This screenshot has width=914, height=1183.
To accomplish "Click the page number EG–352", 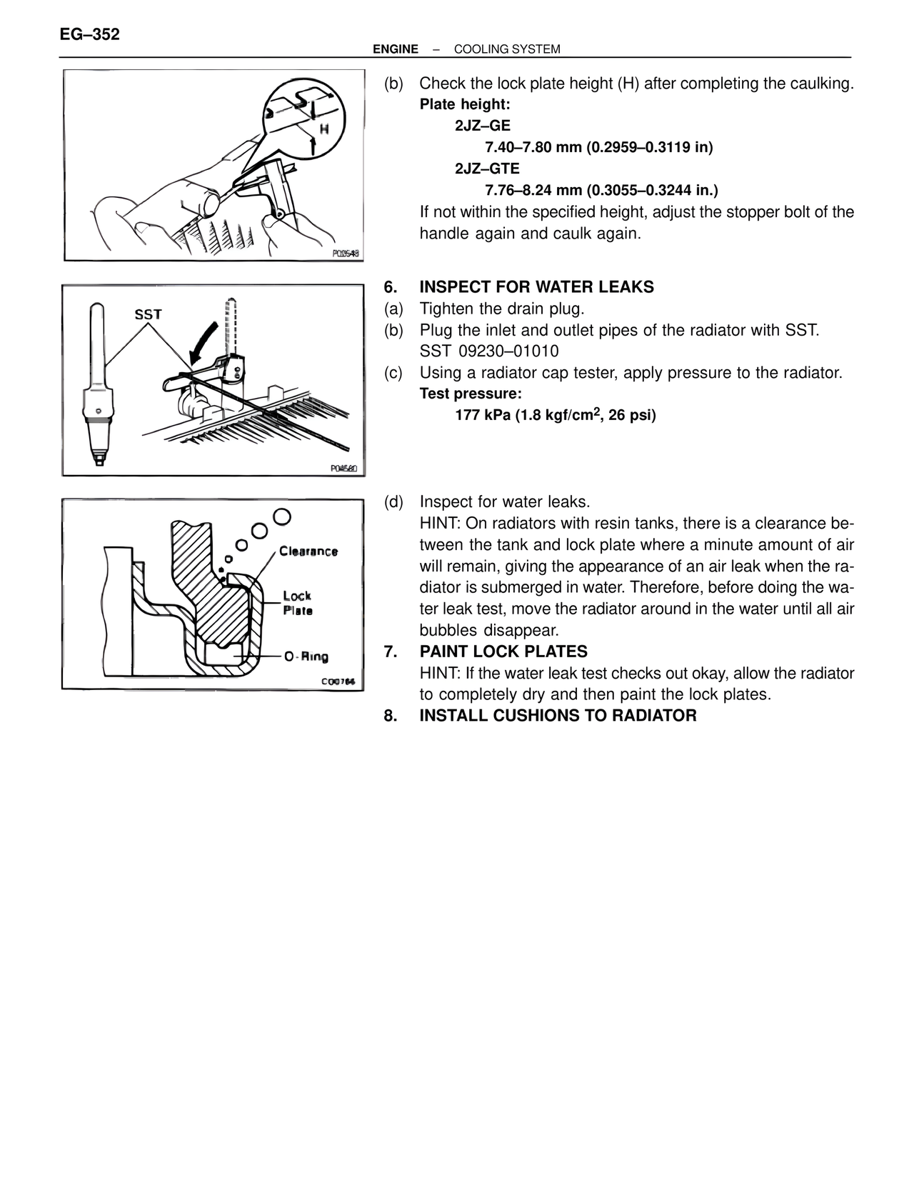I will tap(90, 34).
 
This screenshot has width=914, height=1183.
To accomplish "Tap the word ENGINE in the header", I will tap(396, 49).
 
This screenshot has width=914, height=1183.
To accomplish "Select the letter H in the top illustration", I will tap(324, 129).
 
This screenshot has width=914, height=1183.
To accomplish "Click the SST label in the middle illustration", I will tap(149, 314).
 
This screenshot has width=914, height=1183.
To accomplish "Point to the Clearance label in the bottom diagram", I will tap(308, 551).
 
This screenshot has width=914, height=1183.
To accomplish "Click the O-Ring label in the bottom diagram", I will tap(306, 657).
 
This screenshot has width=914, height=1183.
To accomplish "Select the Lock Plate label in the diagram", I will tap(297, 603).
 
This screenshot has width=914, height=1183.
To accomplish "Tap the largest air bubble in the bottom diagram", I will tap(281, 516).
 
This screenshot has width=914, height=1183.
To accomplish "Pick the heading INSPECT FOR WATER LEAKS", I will tap(536, 287).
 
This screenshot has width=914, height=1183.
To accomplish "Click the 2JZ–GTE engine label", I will tap(487, 169).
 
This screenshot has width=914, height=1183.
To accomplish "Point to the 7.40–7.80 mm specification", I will tap(532, 148).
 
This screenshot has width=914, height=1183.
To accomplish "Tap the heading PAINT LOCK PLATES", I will tap(503, 652).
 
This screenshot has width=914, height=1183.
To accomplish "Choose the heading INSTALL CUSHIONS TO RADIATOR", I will tap(558, 716).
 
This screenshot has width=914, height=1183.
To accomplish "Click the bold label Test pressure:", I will tap(470, 394).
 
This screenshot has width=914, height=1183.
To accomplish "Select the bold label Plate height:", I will tap(464, 105).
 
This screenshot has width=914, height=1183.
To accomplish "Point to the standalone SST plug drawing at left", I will tap(98, 386).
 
